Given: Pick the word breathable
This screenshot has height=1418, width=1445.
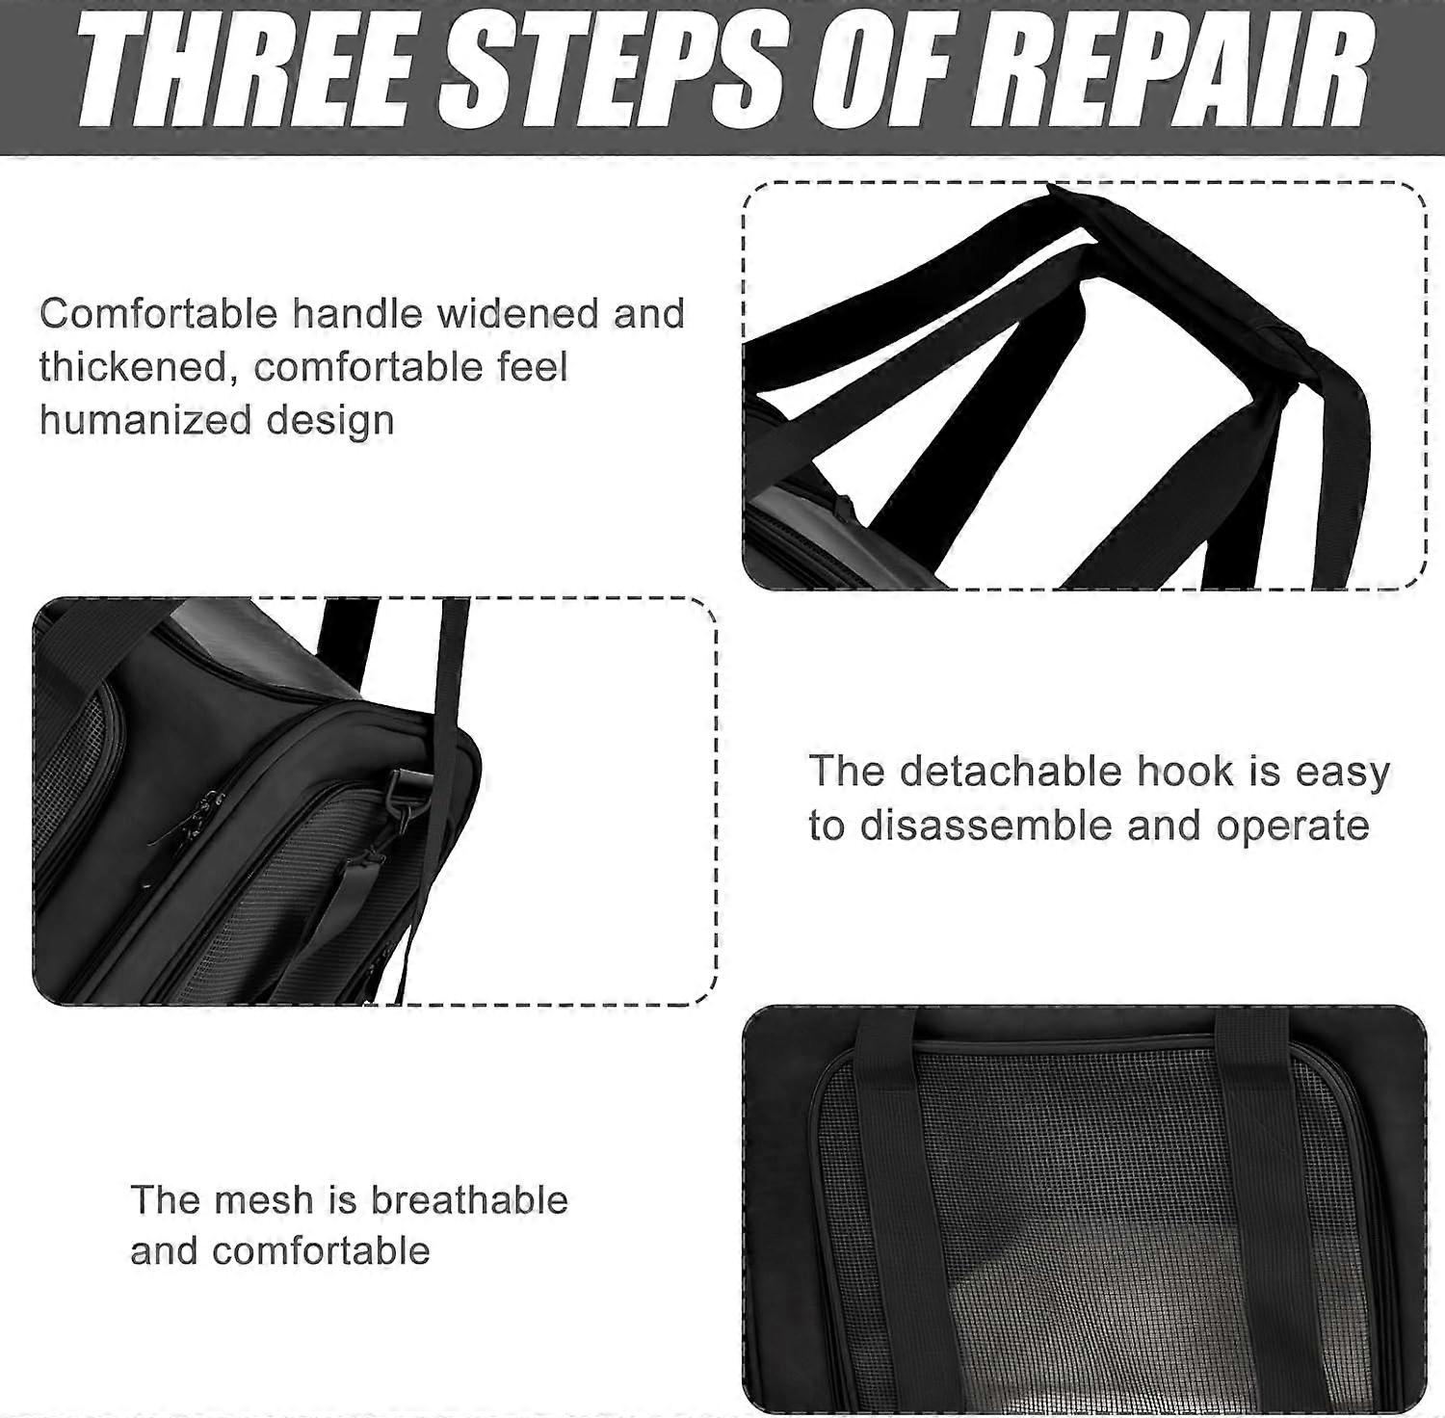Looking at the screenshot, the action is (x=469, y=1200).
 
